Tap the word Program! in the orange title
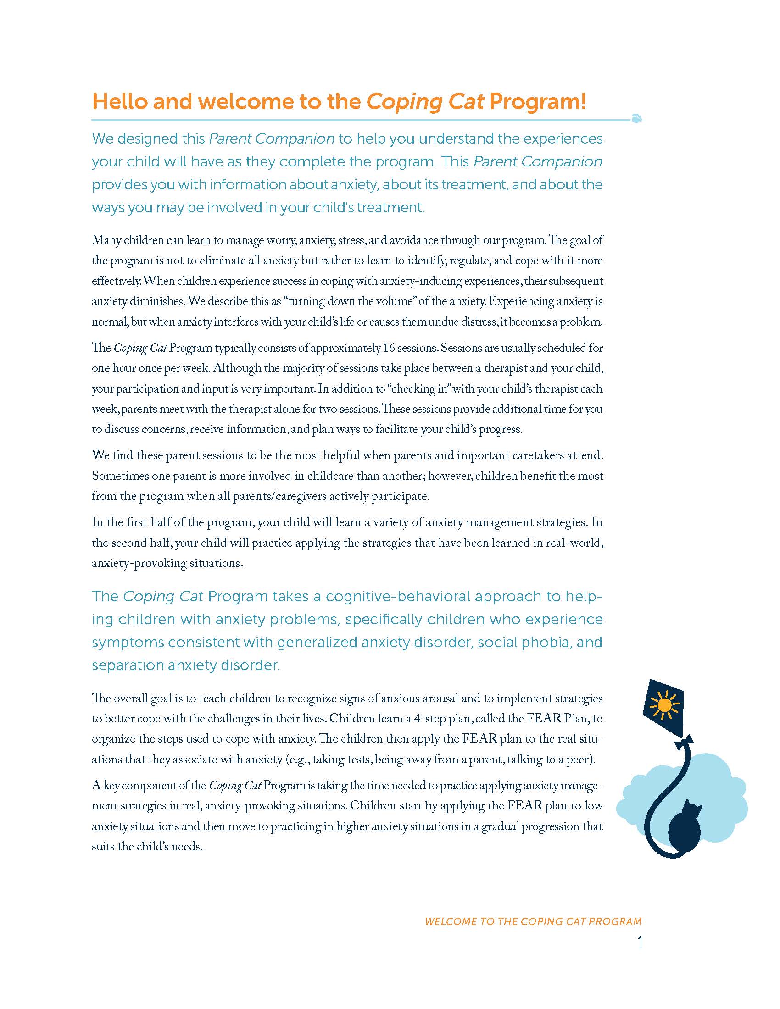(537, 102)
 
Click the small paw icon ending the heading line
(637, 119)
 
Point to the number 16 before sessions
(389, 348)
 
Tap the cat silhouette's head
(691, 809)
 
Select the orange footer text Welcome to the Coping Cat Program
(533, 922)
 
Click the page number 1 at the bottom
(640, 943)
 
